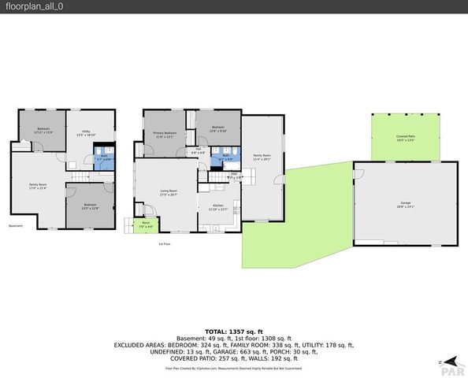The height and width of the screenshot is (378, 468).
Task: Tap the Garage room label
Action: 405,205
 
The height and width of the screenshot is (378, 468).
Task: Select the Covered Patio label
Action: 406,138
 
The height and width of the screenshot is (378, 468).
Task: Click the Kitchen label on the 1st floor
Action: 217,208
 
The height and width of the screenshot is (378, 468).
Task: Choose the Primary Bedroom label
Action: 164,135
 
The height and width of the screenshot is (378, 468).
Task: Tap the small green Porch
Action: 145,224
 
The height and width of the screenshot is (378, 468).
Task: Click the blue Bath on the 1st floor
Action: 225,157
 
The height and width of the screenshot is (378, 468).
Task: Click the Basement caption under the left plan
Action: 16,226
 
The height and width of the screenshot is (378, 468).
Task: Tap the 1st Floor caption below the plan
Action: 165,243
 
